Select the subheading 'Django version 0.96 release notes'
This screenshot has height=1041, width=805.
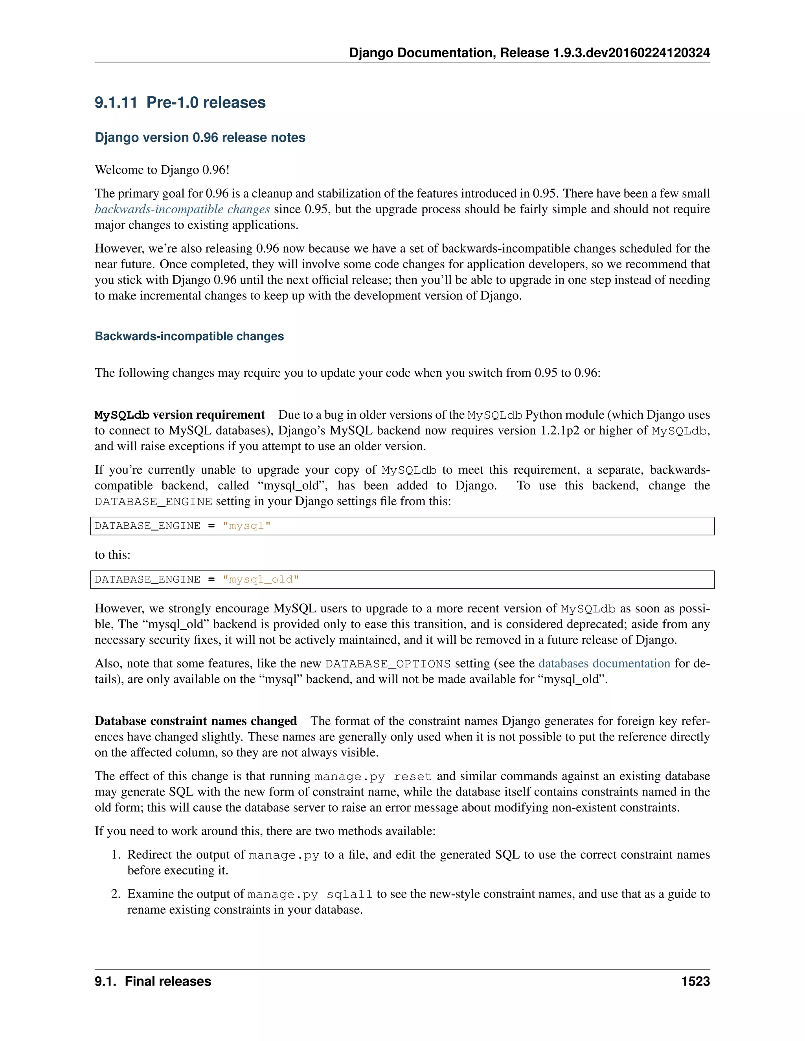click(x=200, y=138)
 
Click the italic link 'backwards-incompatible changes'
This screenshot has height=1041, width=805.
click(x=182, y=209)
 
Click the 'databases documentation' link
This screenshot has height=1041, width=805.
click(x=604, y=663)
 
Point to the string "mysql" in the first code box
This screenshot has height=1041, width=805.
click(x=246, y=526)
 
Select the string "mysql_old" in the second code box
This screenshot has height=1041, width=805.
click(x=261, y=579)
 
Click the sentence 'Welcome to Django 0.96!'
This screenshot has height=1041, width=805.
click(x=162, y=170)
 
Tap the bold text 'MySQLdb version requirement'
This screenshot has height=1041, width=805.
click(x=179, y=415)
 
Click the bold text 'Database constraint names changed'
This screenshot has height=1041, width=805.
click(x=195, y=721)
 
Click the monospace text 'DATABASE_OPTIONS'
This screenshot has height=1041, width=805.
click(x=388, y=664)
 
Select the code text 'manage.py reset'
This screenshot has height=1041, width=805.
click(x=373, y=777)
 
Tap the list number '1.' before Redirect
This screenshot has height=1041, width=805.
click(x=116, y=855)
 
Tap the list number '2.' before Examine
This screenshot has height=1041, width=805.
click(x=116, y=894)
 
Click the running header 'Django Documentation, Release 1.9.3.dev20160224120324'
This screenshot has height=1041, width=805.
click(x=529, y=53)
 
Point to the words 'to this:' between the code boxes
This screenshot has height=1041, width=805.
click(x=112, y=555)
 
